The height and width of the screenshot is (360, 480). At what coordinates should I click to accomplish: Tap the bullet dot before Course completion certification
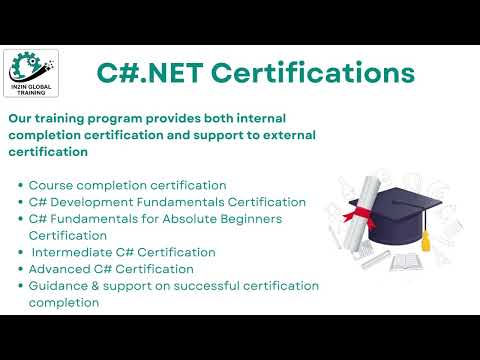coord(21,186)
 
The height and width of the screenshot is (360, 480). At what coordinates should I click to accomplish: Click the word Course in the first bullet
coord(51,185)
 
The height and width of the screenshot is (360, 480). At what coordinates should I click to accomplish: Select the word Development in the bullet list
coord(90,202)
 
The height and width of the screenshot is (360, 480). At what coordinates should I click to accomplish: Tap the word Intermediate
coord(77,252)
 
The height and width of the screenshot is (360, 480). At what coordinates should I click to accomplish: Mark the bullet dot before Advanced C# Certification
coord(21,270)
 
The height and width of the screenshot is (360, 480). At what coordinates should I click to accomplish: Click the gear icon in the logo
coord(21,67)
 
